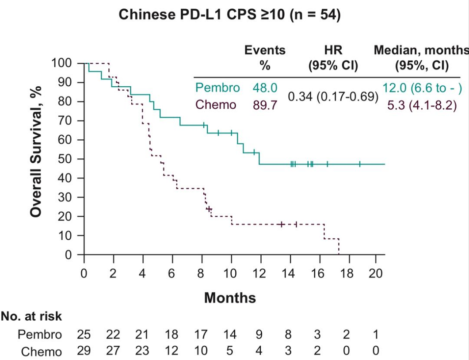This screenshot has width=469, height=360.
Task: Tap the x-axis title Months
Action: click(x=230, y=298)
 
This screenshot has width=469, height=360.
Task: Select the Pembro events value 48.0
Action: click(x=265, y=88)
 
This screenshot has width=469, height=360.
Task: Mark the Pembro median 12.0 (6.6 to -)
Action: click(x=422, y=88)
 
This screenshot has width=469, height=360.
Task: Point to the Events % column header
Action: click(x=265, y=58)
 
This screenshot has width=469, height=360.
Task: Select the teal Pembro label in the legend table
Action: click(x=217, y=88)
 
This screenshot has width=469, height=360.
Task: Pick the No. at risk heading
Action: click(x=31, y=317)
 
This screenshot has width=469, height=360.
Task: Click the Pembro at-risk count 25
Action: click(x=84, y=335)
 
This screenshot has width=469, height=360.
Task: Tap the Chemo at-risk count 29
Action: click(x=84, y=352)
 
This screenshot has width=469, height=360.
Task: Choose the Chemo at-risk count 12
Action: click(x=172, y=352)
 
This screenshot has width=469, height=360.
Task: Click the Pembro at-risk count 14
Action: click(x=230, y=335)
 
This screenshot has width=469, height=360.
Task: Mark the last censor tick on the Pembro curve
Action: click(x=360, y=164)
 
